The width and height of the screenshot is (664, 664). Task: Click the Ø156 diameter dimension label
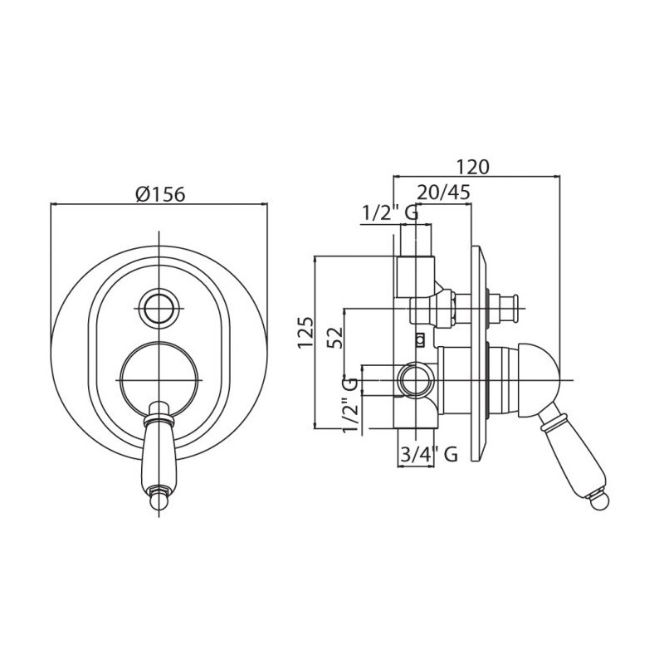[160, 194]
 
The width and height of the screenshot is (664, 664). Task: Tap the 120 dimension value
[472, 167]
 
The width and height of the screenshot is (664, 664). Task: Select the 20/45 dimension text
[443, 192]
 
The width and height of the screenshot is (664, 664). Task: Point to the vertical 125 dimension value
[305, 332]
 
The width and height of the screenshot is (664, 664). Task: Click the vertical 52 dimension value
[334, 337]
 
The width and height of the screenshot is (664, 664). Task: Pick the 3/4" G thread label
[428, 454]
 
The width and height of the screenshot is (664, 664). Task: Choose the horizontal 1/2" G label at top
[389, 213]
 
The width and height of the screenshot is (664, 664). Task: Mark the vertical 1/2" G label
[350, 405]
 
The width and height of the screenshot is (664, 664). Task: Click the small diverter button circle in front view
[159, 308]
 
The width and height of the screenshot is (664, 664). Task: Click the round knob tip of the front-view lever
[159, 501]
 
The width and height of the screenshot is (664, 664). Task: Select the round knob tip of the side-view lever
[600, 502]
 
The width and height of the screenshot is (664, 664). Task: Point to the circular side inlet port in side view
[417, 380]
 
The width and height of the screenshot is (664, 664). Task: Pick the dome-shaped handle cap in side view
[538, 379]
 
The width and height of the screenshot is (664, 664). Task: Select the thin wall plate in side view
[479, 354]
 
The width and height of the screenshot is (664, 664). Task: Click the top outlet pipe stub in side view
[416, 240]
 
